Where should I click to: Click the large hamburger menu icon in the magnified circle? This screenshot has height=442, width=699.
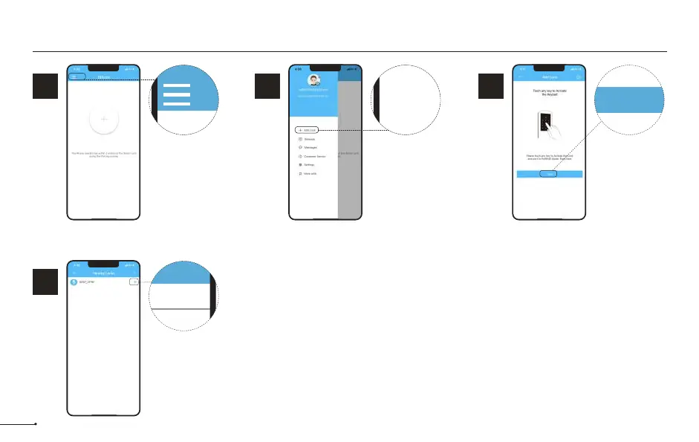click(x=177, y=95)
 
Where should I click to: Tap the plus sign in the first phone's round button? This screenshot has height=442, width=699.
click(x=104, y=119)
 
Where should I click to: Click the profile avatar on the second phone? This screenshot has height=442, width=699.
click(x=313, y=80)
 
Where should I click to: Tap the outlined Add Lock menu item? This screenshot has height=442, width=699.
click(x=307, y=130)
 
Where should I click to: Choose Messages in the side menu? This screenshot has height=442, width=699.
click(x=310, y=147)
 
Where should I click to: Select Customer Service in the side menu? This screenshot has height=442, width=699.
click(x=314, y=156)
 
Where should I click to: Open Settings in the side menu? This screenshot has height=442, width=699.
click(x=309, y=164)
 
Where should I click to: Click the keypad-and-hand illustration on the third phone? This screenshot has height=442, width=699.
click(x=549, y=127)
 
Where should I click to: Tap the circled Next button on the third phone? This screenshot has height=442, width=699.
click(x=550, y=174)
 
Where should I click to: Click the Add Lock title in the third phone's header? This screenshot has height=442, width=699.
click(x=550, y=77)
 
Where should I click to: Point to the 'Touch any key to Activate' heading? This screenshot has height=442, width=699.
click(x=550, y=93)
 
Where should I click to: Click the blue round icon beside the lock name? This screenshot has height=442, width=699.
click(x=74, y=282)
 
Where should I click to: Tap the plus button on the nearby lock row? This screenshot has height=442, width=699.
click(x=134, y=282)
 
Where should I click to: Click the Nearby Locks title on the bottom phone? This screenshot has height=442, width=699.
click(x=104, y=273)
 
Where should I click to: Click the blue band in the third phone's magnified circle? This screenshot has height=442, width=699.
click(x=630, y=100)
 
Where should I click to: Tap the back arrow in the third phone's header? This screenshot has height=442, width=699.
click(x=521, y=77)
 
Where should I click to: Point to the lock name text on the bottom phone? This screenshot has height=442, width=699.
click(x=88, y=282)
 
